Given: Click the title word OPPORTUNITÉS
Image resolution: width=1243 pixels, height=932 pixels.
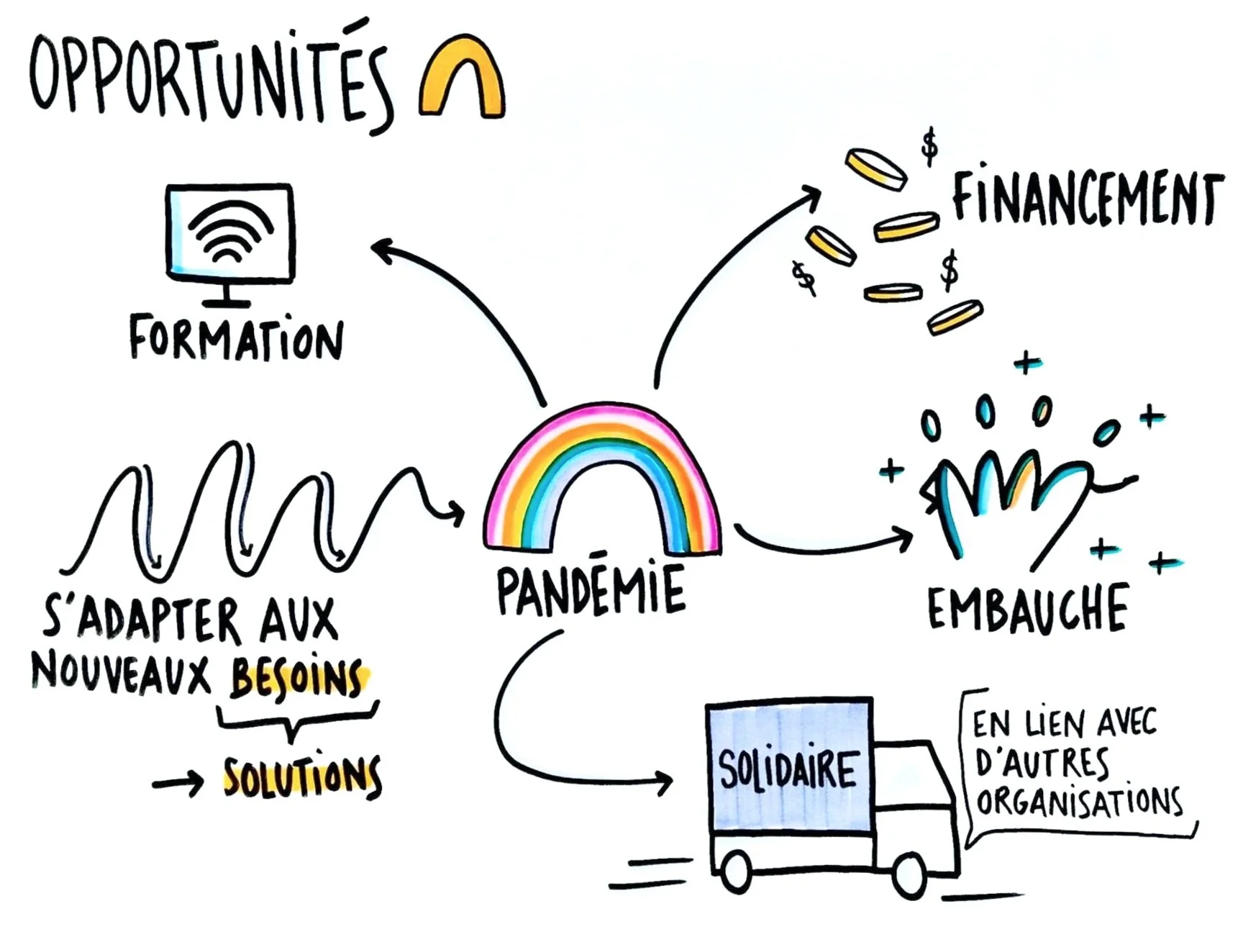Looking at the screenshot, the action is (x=209, y=79).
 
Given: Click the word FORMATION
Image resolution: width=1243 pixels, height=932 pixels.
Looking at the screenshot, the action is (x=236, y=338).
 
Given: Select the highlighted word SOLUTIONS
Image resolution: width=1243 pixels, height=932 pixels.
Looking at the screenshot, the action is (x=302, y=777).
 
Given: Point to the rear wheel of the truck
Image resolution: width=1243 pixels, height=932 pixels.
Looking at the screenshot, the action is (x=736, y=871).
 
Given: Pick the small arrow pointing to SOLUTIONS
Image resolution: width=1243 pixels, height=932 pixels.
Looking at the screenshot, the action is (x=178, y=783).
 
